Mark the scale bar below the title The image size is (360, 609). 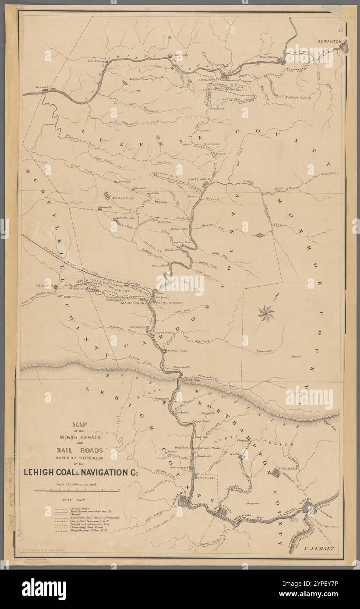click(x=77, y=491)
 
